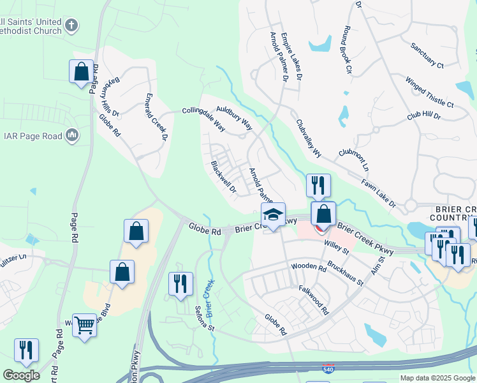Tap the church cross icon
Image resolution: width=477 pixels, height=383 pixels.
click(x=71, y=26)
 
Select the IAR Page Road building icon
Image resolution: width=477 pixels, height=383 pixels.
click(x=72, y=135)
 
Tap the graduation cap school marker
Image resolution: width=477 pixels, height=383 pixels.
click(x=273, y=215)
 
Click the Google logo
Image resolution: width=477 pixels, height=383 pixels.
click(x=21, y=375)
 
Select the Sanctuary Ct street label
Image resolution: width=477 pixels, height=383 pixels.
click(x=427, y=55)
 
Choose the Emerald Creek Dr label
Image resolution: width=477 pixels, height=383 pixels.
click(x=156, y=117)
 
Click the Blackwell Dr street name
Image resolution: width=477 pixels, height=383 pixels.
click(x=224, y=177)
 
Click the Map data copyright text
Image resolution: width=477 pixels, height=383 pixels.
click(x=437, y=378)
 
